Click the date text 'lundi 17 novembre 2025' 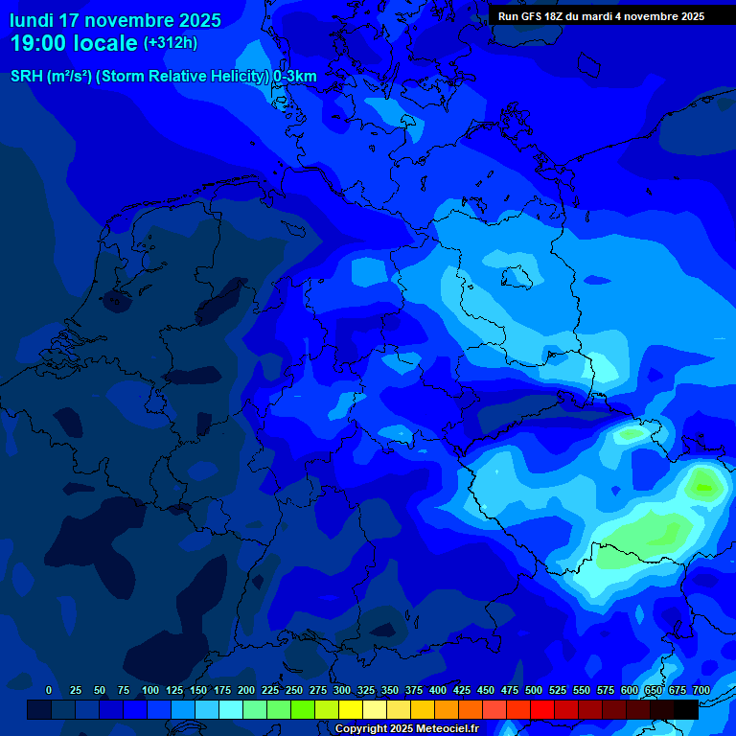point(115,20)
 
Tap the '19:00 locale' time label point(74,43)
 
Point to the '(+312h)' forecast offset point(171,43)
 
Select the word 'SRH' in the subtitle point(27,77)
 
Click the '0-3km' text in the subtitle point(295,77)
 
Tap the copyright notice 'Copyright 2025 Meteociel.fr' point(406,729)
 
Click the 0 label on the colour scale point(49,691)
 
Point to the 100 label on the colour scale point(150,691)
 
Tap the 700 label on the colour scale point(701,691)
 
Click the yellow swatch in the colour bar point(351,710)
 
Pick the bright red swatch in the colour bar point(542,710)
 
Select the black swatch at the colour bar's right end point(686,710)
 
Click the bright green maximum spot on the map point(704,486)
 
